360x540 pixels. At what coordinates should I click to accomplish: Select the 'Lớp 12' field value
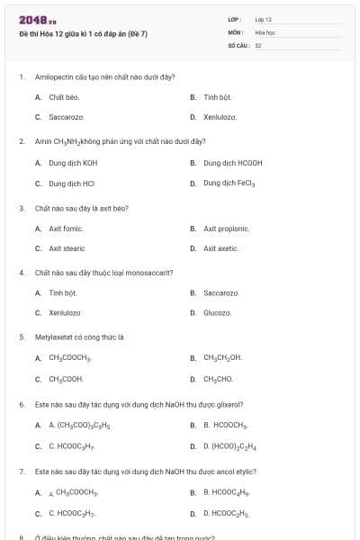pos(264,19)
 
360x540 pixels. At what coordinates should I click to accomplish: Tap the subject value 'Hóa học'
pos(265,31)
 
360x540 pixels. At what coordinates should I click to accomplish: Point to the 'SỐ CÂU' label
pos(238,44)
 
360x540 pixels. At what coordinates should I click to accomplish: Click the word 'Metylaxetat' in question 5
pos(51,337)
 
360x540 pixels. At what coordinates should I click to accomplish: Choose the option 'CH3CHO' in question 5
pos(219,379)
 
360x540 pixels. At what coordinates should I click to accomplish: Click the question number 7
pos(22,471)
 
